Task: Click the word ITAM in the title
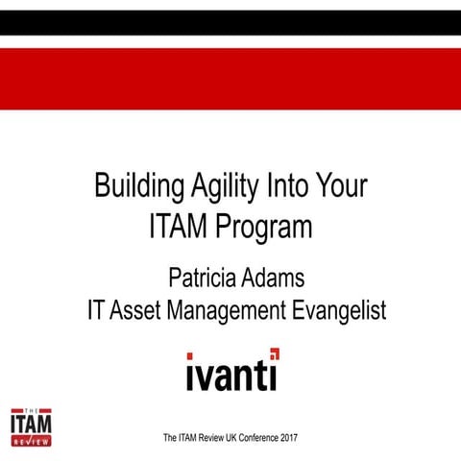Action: [180, 228]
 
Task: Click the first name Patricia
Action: [205, 279]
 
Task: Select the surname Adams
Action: [280, 279]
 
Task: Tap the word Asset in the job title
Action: [138, 311]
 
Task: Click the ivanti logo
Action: [231, 371]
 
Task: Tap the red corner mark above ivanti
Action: [275, 352]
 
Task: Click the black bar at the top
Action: [230, 21]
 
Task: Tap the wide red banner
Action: [230, 79]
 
